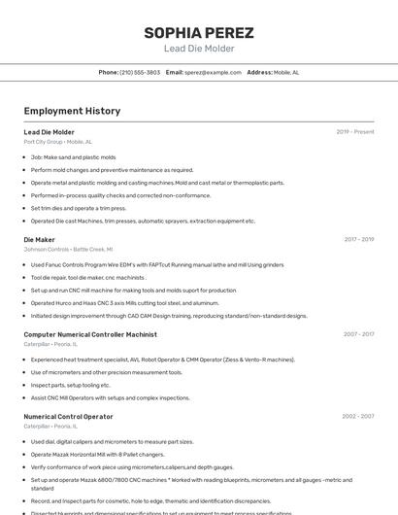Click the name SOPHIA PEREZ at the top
(199, 32)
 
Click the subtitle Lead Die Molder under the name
(199, 49)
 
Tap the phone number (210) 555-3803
(140, 72)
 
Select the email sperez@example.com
(213, 72)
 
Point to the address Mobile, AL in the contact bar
(286, 72)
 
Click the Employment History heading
(72, 111)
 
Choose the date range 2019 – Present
(355, 132)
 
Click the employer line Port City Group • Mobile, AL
(57, 142)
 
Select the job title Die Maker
(39, 239)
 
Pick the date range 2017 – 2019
(358, 239)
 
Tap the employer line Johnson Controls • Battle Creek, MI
(68, 249)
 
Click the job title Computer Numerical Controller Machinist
(90, 334)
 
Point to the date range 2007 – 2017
(358, 334)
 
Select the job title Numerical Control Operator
(68, 416)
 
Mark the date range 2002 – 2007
(358, 416)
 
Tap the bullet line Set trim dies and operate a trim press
(79, 208)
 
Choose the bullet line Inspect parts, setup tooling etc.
(71, 385)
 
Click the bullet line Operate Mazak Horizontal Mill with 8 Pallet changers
(97, 454)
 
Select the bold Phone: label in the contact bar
(109, 72)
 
